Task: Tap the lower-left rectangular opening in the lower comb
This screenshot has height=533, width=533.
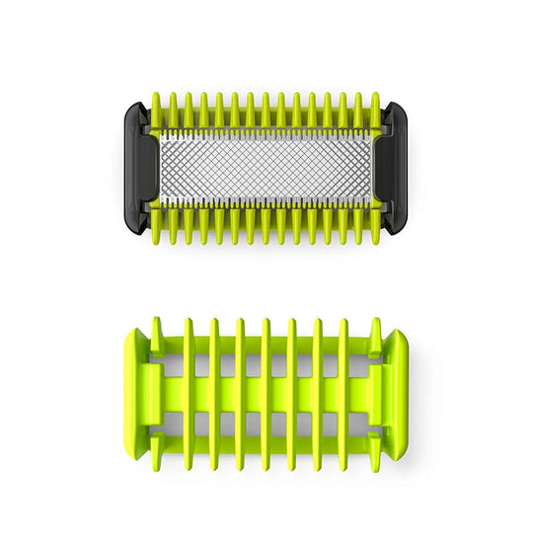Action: (176, 421)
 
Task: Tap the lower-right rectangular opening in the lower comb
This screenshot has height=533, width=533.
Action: (357, 421)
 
